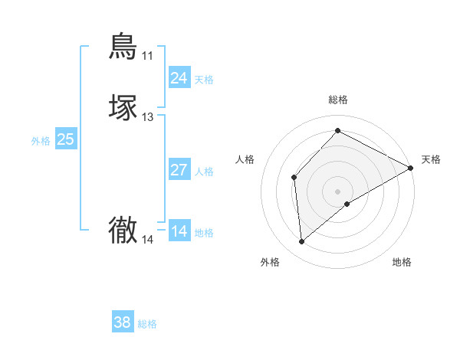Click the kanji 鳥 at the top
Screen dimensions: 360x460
[x=123, y=46]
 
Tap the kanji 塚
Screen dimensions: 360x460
[x=123, y=108]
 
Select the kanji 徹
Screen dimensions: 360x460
[x=123, y=230]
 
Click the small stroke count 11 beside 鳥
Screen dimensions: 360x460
[x=147, y=56]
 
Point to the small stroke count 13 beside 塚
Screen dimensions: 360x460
[x=147, y=117]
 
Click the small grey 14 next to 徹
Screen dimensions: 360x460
[x=147, y=240]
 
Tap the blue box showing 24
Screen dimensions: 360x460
[x=179, y=78]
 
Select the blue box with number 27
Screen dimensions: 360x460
[x=179, y=170]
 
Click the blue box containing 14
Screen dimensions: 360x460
[x=179, y=231]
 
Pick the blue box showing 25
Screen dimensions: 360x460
[x=65, y=139]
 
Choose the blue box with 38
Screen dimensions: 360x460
[x=122, y=323]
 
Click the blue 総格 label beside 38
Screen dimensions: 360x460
[x=147, y=324]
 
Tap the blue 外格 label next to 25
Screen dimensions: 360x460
[x=40, y=141]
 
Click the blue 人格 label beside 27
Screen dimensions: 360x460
[x=205, y=172]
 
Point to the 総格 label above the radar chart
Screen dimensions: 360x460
[x=338, y=100]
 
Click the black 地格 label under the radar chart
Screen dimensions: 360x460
[x=402, y=263]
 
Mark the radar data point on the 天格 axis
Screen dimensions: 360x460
[x=411, y=168]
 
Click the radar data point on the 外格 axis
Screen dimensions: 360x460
[x=302, y=242]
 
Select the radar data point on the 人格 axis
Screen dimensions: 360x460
[x=294, y=178]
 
